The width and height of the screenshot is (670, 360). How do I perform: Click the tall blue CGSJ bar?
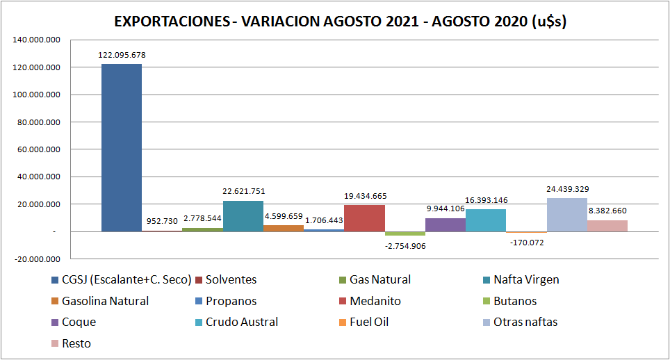pyautogui.click(x=122, y=147)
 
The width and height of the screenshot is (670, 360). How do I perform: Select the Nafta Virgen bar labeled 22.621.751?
pyautogui.click(x=243, y=216)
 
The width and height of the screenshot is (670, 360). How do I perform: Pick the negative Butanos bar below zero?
pyautogui.click(x=405, y=234)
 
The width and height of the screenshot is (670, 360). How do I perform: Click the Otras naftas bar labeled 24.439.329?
pyautogui.click(x=566, y=215)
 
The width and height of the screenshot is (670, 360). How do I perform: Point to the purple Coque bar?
pyautogui.click(x=446, y=224)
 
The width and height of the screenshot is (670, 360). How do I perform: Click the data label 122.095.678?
pyautogui.click(x=122, y=55)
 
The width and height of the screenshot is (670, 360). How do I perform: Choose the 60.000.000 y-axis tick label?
pyautogui.click(x=38, y=149)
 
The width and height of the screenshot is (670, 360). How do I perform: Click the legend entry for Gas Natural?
pyautogui.click(x=379, y=279)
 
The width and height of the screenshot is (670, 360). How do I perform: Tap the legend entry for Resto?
pyautogui.click(x=76, y=343)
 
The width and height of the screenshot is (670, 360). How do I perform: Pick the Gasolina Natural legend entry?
pyautogui.click(x=105, y=301)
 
